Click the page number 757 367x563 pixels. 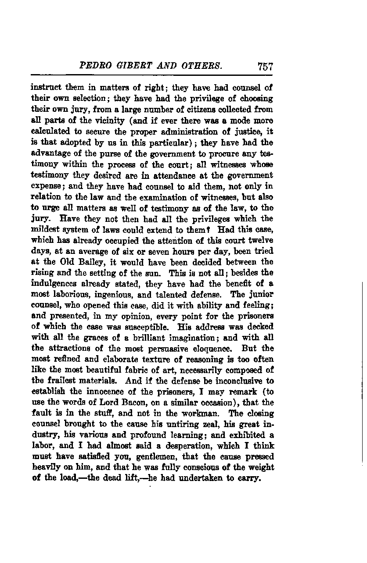[266, 67]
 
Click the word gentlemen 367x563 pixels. [147, 456]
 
